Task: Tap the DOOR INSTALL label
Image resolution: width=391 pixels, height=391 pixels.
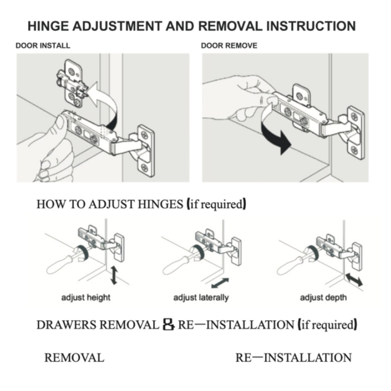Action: [43, 46]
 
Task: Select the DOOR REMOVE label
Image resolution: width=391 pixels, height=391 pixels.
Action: [229, 46]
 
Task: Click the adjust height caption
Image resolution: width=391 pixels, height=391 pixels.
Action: [86, 298]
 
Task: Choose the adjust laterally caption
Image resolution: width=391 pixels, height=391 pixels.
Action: [201, 298]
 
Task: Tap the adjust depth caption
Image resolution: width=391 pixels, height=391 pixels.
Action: [323, 298]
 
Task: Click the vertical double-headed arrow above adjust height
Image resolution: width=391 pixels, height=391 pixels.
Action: [114, 275]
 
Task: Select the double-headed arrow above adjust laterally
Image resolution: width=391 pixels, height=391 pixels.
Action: [220, 283]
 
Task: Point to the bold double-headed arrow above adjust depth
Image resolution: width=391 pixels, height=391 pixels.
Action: [354, 279]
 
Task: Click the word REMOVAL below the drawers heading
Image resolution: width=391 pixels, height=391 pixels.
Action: [74, 358]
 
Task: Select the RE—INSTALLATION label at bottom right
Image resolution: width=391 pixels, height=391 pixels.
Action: [294, 358]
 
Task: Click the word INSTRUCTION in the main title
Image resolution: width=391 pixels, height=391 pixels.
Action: [311, 26]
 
